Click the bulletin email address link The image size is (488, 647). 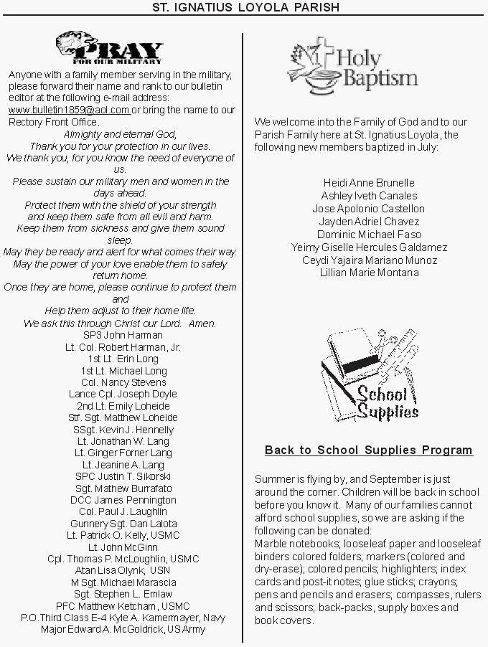[x=69, y=110]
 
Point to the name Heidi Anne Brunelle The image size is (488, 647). [x=369, y=183]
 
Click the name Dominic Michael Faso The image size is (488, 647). [x=369, y=235]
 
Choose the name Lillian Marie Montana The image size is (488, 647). [x=369, y=273]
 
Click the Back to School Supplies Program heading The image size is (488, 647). [x=369, y=450]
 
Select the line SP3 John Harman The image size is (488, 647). [x=123, y=335]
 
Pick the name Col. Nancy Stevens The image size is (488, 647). [x=123, y=382]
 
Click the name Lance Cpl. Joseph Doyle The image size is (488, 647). [x=123, y=394]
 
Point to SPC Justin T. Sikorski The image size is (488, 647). [x=123, y=476]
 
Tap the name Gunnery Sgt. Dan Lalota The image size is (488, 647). [x=123, y=524]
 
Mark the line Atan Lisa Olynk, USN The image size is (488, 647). [x=123, y=570]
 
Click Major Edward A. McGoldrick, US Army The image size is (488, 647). [x=123, y=629]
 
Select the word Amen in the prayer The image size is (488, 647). [x=202, y=323]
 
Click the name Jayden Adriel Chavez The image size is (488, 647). [x=369, y=222]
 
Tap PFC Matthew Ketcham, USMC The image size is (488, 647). [x=123, y=605]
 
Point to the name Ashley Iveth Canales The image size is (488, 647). [x=369, y=196]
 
